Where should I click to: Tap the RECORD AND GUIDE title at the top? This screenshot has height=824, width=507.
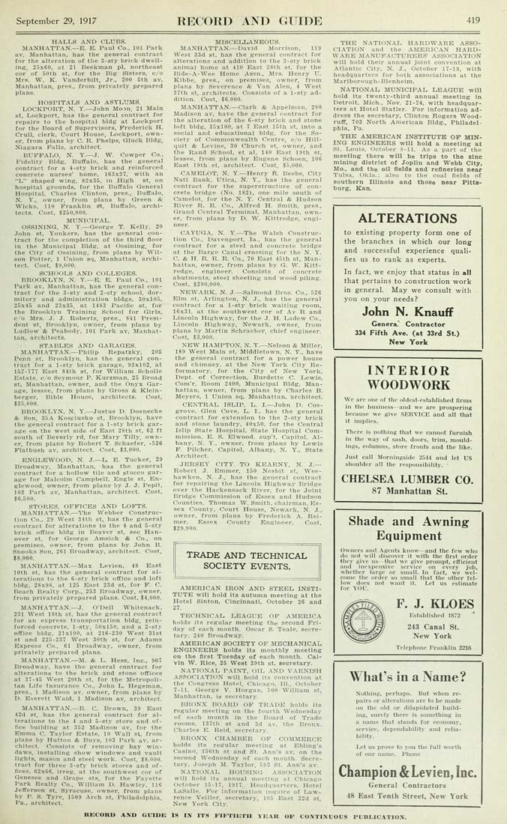click(x=253, y=20)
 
